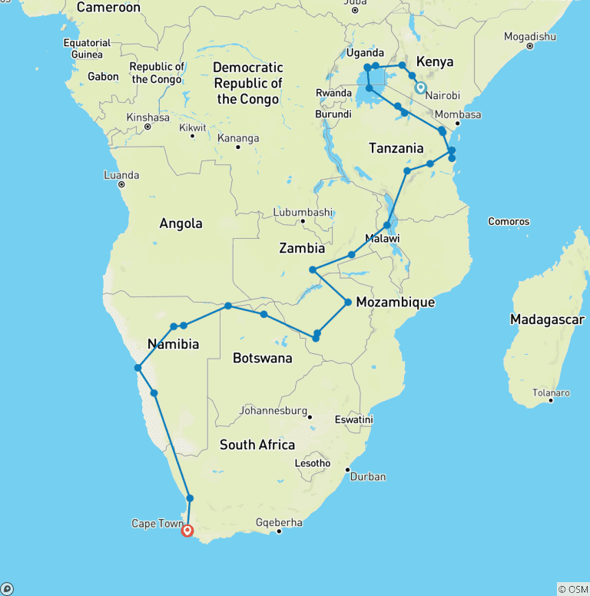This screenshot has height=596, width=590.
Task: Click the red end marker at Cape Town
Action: (x=187, y=529)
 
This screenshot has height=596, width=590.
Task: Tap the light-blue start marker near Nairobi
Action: (x=420, y=88)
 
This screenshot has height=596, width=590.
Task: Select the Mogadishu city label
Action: (x=529, y=36)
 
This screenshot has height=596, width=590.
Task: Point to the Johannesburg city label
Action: (x=273, y=410)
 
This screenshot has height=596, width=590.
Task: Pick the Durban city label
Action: (x=368, y=476)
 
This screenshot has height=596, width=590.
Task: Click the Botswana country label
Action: (x=262, y=358)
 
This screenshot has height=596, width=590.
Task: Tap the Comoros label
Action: (x=509, y=221)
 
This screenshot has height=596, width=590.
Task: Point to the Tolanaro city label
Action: (x=552, y=392)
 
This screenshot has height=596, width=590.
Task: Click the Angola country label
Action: (x=181, y=223)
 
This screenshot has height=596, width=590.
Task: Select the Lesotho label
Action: (x=313, y=463)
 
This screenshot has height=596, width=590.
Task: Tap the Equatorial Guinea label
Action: (x=88, y=48)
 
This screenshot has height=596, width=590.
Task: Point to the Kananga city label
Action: (x=238, y=138)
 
